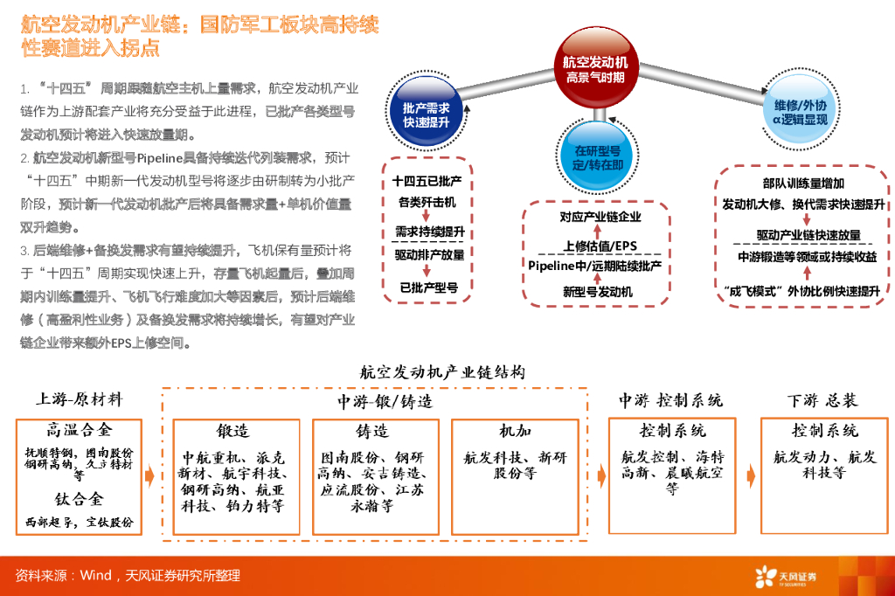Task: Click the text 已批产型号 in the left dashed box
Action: [428, 286]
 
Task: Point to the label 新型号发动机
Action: [597, 292]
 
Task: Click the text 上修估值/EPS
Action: [599, 245]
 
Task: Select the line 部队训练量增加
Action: [802, 184]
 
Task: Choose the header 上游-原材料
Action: [79, 399]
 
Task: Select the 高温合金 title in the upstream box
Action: [80, 430]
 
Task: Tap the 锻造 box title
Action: [233, 431]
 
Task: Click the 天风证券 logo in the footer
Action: [787, 576]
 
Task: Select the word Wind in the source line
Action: [96, 576]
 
